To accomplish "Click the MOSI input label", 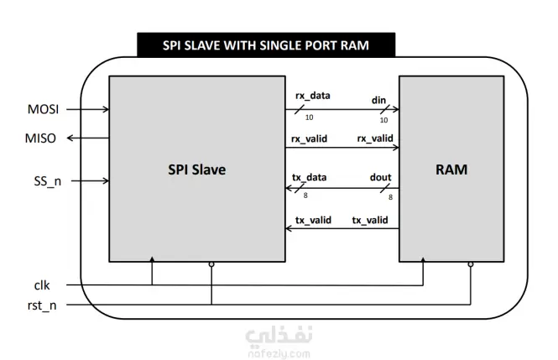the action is tap(43, 109).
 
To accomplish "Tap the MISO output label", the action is tap(40, 138).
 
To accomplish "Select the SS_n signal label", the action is tap(47, 181).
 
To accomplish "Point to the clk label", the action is tap(42, 285).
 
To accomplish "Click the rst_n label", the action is tap(42, 305).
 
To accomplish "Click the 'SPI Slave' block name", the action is tap(197, 170).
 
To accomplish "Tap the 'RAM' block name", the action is tap(451, 170).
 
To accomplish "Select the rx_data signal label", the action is tap(313, 96).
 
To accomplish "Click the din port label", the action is tap(378, 101).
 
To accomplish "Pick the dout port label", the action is tap(380, 177).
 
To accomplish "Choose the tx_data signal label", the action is tap(310, 177).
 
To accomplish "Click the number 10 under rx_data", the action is tap(310, 117).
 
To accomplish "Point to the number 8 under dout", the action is tap(390, 197).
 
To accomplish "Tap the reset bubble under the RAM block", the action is tap(471, 264).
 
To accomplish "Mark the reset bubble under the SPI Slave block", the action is tap(211, 264).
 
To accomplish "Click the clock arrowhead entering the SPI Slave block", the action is tap(152, 259).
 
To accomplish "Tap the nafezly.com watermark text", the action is tap(279, 353).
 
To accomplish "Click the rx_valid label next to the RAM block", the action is tap(375, 138).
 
